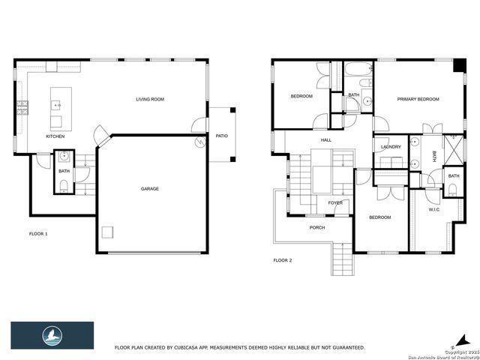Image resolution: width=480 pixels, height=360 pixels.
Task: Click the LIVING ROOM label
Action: click(150, 99)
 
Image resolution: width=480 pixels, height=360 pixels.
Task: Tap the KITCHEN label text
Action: click(55, 136)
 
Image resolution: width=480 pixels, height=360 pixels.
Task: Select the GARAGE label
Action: click(150, 188)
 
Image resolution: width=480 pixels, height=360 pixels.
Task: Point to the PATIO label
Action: click(221, 136)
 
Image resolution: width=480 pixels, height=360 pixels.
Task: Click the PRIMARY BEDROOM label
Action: click(418, 99)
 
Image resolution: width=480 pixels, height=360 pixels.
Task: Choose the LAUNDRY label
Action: click(391, 147)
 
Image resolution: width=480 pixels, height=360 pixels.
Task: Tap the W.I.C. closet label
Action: click(434, 209)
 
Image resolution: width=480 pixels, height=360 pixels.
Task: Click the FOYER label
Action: click(335, 202)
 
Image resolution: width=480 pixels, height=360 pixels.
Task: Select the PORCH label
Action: click(317, 227)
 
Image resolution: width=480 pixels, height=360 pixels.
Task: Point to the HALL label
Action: click(326, 139)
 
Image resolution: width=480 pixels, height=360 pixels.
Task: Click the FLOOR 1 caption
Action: click(37, 234)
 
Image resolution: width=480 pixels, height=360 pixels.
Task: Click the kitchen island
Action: click(57, 109)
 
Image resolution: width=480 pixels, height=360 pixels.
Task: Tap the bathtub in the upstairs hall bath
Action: click(355, 75)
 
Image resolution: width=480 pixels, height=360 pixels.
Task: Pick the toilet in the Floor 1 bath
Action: click(64, 185)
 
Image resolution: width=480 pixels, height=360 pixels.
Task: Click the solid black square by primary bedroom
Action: click(457, 65)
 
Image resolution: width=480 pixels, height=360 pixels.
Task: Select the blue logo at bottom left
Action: click(52, 334)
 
